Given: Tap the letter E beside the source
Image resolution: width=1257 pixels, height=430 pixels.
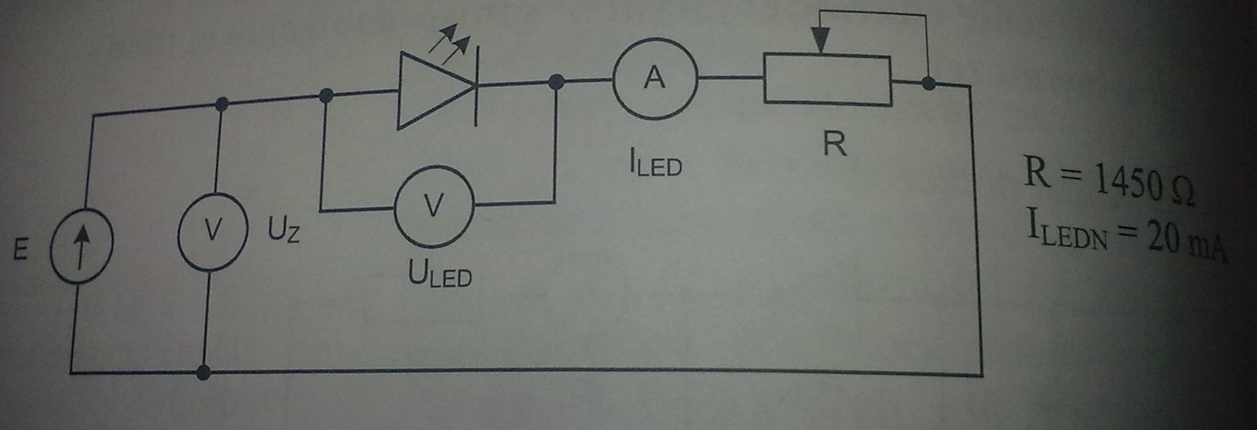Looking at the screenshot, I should (21, 250).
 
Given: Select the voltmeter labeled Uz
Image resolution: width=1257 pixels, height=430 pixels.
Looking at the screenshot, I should (212, 231).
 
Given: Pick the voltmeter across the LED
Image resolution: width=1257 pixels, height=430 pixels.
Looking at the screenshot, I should (433, 206).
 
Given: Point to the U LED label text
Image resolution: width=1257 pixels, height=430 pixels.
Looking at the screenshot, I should (439, 275).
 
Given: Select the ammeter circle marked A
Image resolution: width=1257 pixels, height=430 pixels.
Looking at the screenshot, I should (655, 78).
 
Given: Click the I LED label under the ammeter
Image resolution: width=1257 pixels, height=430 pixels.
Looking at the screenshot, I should (655, 164).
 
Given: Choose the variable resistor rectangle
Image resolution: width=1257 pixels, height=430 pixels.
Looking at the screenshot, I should (827, 80).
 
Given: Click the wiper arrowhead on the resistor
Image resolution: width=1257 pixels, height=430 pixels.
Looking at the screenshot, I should (820, 41).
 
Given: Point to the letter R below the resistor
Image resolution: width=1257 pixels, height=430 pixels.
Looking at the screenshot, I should (834, 144).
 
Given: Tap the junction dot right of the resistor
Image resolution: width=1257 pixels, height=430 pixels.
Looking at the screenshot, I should (929, 83).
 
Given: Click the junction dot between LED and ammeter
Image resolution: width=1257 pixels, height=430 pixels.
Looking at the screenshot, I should (556, 82).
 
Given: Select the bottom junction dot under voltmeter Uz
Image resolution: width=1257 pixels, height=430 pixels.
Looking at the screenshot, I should (203, 372).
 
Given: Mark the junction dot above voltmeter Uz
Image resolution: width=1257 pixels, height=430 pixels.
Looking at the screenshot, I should (222, 104).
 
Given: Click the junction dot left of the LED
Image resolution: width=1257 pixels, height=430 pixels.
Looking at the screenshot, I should (326, 95).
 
